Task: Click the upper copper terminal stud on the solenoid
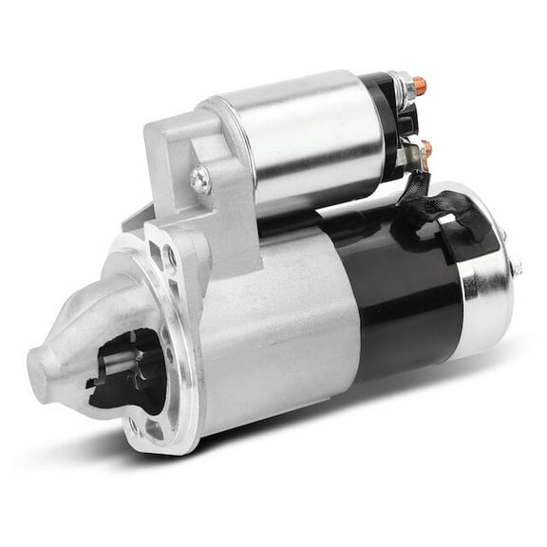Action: (x=421, y=86)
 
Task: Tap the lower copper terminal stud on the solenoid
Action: (x=424, y=148)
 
